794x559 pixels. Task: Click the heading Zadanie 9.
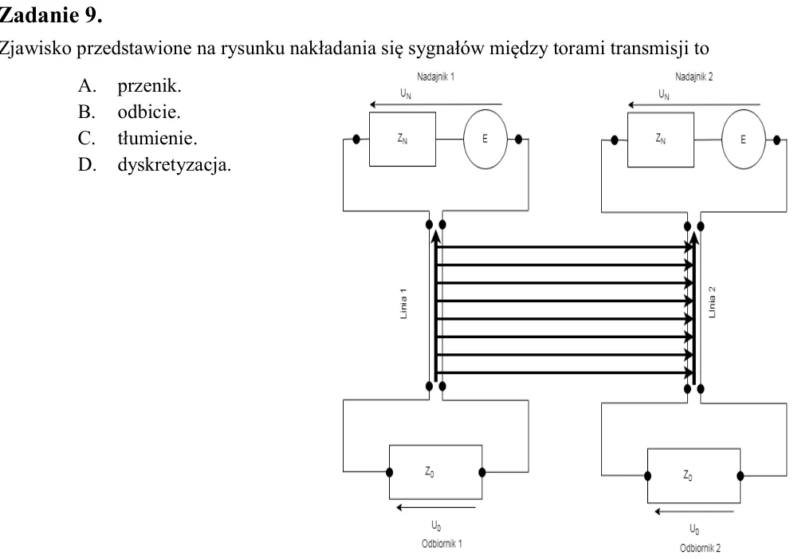[51, 15]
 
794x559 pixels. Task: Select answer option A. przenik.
[130, 85]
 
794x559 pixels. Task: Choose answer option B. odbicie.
[129, 112]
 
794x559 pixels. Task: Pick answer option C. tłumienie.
[138, 138]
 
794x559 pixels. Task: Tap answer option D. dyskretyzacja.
[155, 164]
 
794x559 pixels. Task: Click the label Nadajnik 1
[435, 77]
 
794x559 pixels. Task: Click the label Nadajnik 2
[694, 77]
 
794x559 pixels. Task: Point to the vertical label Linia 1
[403, 304]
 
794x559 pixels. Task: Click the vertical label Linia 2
[712, 302]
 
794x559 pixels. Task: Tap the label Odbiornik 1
[442, 544]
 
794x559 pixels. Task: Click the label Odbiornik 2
[700, 548]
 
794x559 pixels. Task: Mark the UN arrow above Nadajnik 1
[436, 104]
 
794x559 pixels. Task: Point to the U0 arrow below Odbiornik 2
[694, 511]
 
